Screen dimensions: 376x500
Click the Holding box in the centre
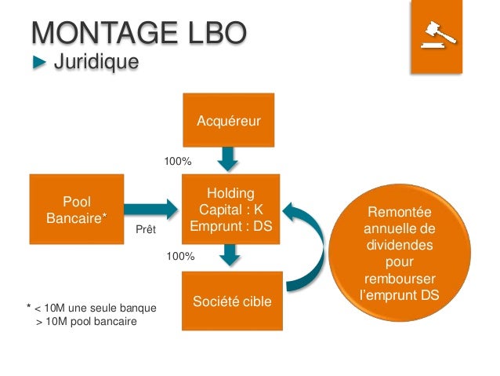click(x=232, y=210)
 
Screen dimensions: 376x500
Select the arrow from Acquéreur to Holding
click(x=228, y=159)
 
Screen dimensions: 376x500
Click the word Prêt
click(x=147, y=230)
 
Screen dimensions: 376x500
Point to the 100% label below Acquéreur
click(x=177, y=161)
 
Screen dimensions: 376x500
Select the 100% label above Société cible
click(x=180, y=256)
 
